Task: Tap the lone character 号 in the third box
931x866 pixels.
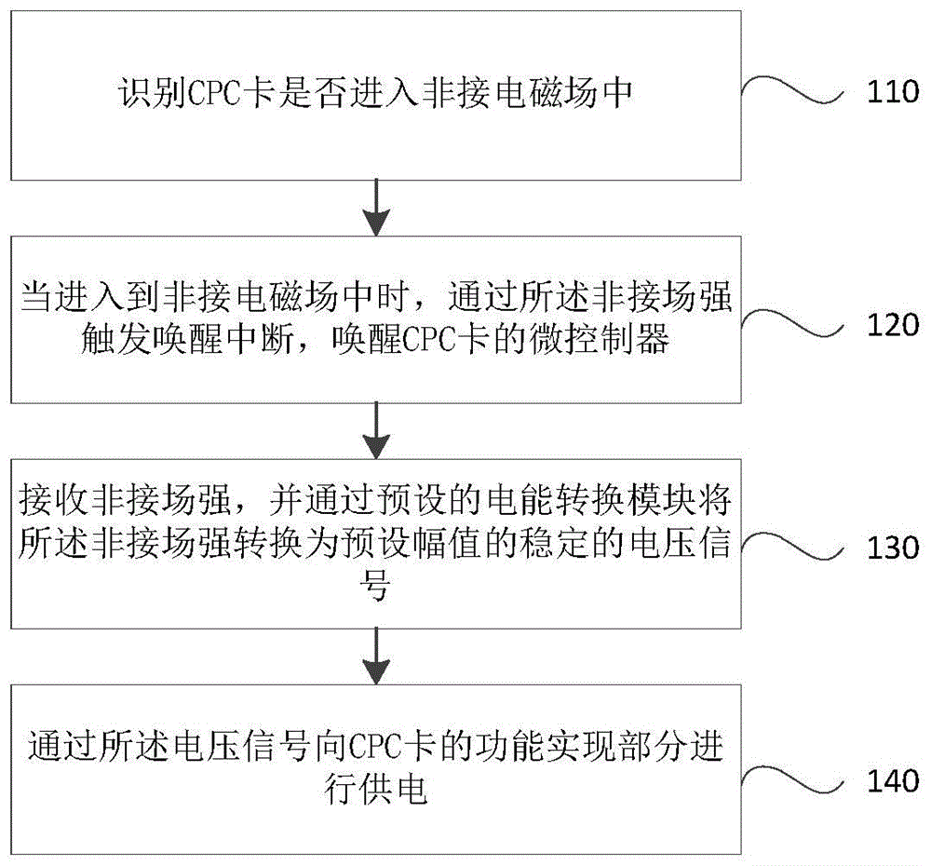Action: point(374,589)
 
